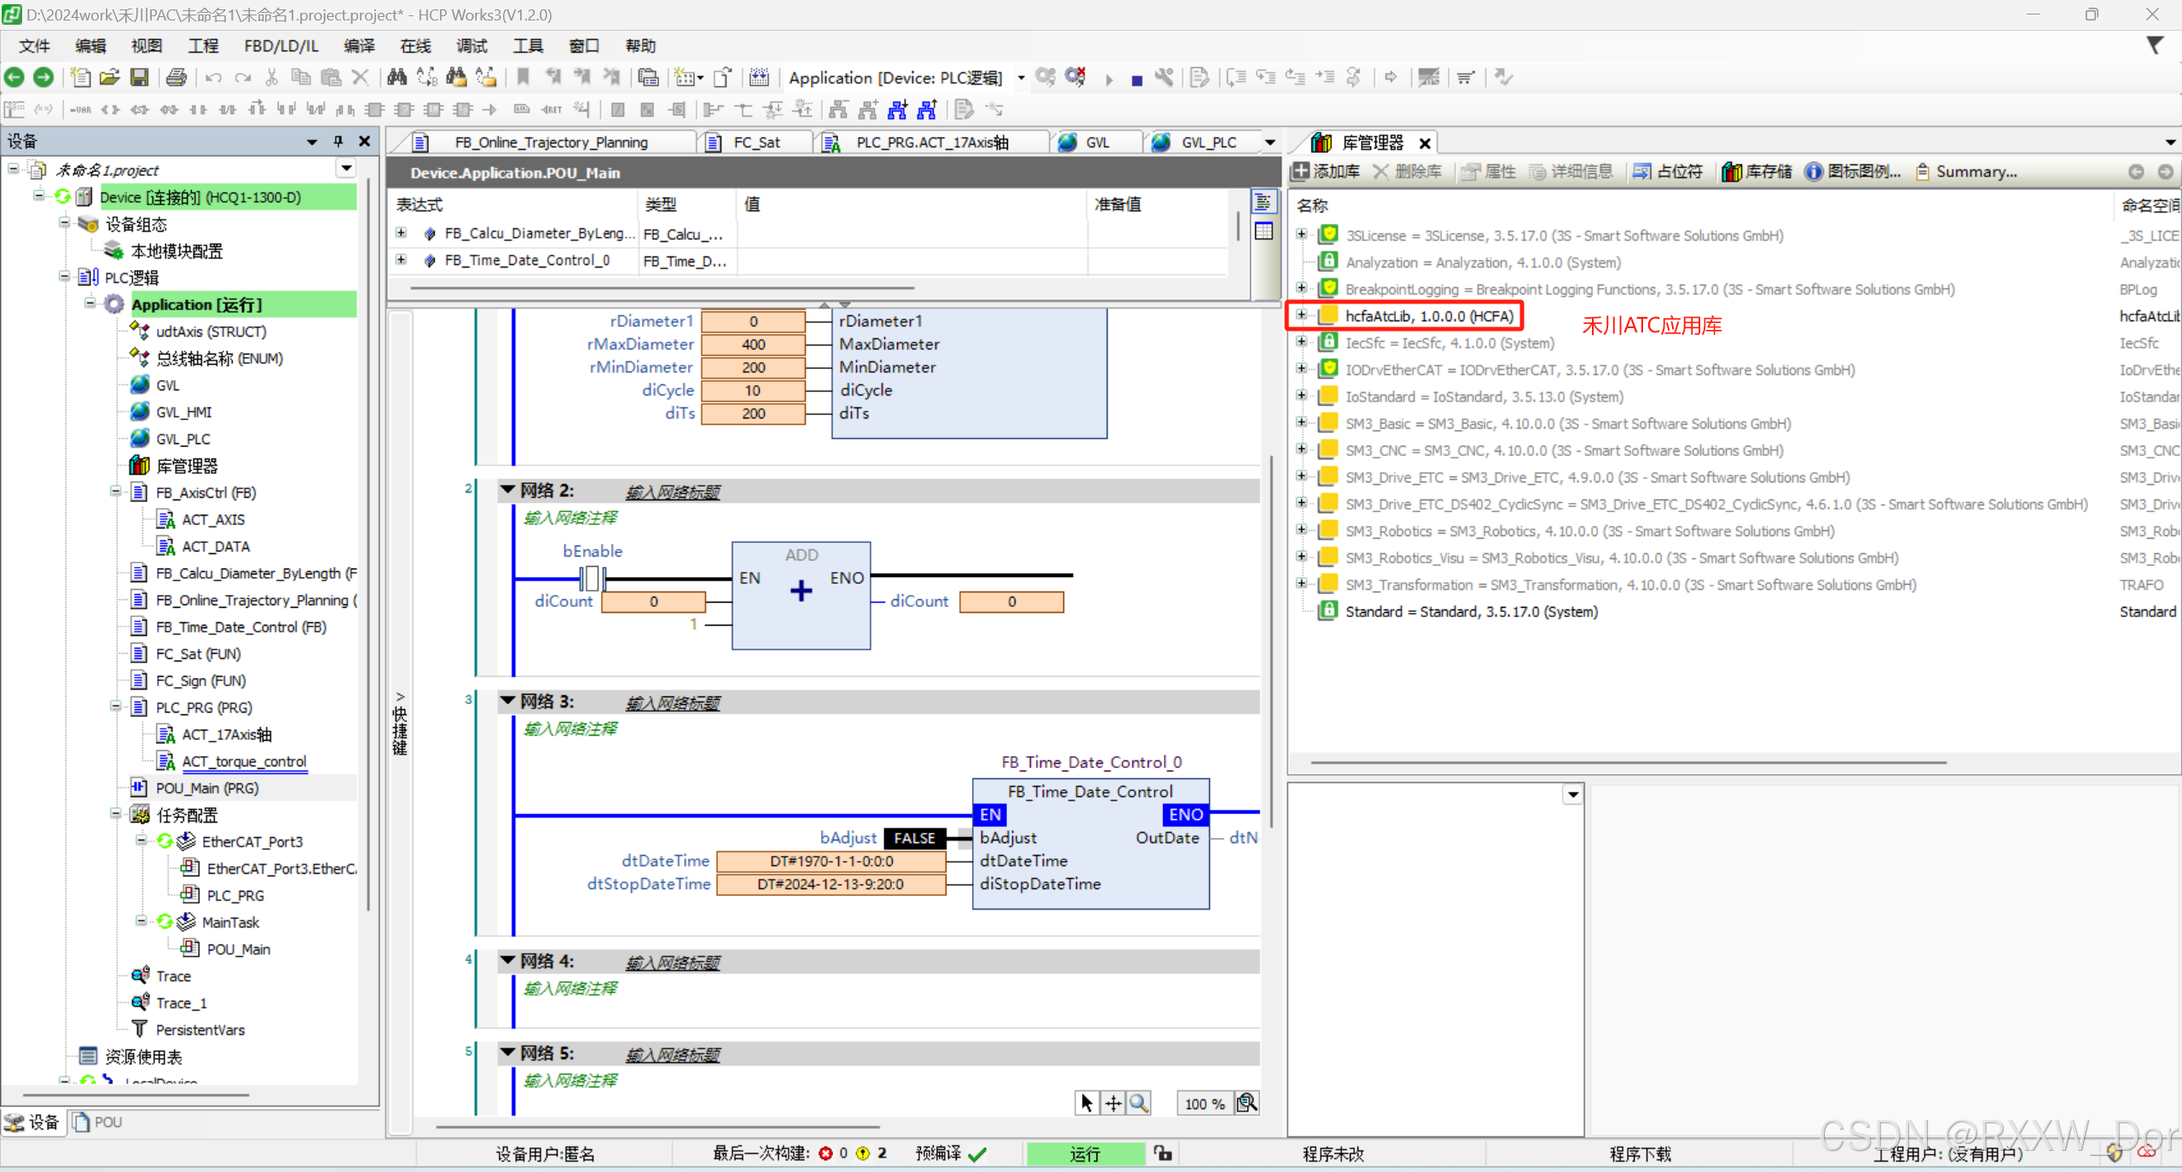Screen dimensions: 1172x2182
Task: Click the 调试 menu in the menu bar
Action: click(471, 46)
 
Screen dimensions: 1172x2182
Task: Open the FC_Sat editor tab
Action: click(756, 142)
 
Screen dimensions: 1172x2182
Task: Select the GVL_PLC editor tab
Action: click(1207, 142)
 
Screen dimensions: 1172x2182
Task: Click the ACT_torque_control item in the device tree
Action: click(244, 761)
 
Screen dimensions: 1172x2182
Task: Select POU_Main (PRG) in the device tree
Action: click(206, 788)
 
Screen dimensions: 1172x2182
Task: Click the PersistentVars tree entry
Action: click(200, 1030)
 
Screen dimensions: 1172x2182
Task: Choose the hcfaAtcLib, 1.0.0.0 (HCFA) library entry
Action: click(1428, 316)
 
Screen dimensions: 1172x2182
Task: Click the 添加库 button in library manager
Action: click(1327, 171)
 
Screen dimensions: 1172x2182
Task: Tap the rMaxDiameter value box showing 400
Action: click(753, 344)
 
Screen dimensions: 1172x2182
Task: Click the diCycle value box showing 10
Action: click(753, 390)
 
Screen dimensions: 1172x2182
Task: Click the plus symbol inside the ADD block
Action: click(801, 591)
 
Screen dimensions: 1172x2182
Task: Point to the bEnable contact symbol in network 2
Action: click(592, 579)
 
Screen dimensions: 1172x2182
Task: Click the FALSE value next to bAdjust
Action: click(914, 838)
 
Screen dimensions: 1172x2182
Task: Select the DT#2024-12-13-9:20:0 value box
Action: click(831, 884)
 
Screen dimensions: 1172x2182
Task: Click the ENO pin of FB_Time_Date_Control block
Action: click(1185, 815)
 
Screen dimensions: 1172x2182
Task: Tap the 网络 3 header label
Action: click(547, 701)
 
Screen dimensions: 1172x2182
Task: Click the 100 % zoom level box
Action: click(1204, 1104)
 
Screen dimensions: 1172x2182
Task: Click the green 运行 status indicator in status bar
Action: click(1085, 1153)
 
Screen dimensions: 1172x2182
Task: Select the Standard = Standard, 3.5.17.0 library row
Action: click(1471, 611)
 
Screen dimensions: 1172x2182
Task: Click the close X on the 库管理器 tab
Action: click(1425, 143)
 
